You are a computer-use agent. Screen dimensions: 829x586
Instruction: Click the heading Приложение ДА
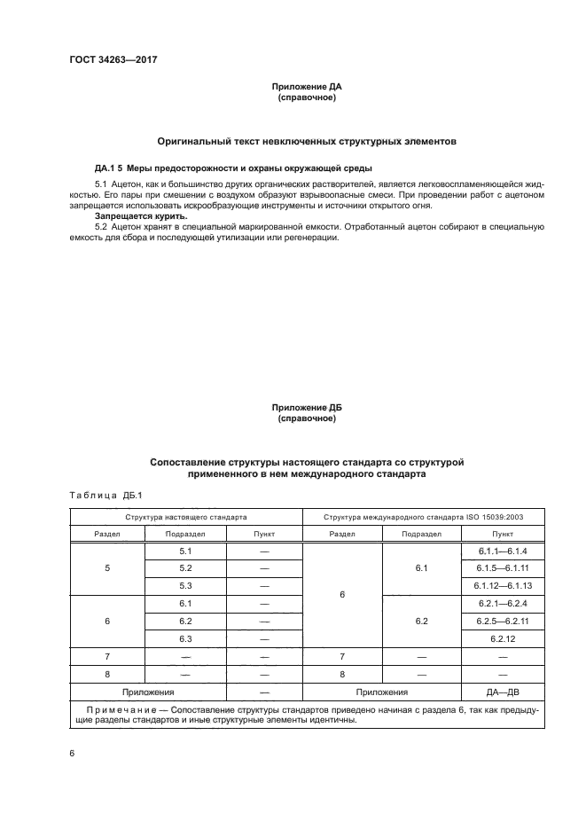(306, 88)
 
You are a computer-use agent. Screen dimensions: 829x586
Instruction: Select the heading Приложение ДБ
(306, 408)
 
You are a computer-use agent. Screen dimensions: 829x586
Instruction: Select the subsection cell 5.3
(185, 585)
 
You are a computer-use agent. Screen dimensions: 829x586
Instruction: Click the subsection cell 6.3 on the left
(185, 638)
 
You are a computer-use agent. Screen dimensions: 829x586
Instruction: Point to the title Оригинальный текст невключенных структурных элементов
(306, 141)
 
